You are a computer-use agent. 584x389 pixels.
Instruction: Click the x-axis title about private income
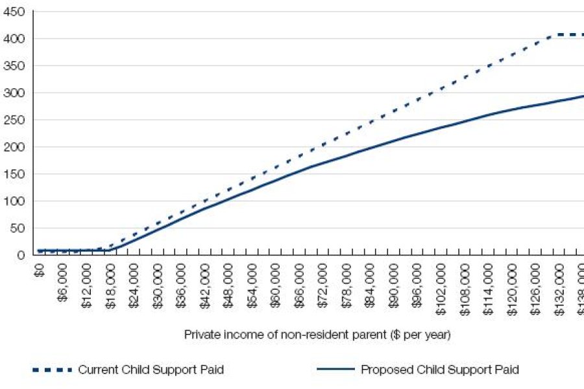click(x=317, y=335)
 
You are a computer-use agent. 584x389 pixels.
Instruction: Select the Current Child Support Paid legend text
click(x=151, y=370)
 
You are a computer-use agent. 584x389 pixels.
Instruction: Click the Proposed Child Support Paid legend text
click(x=439, y=370)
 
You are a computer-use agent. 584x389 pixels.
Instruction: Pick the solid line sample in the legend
click(x=335, y=370)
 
